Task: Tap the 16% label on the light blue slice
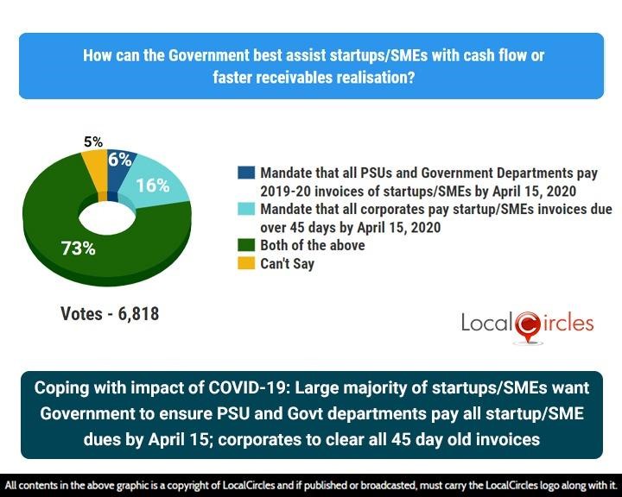tap(152, 185)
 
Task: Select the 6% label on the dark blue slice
tap(119, 160)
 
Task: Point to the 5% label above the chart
tap(93, 142)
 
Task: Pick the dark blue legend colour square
tap(246, 173)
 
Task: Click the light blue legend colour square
tap(246, 210)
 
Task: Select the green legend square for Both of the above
tap(246, 246)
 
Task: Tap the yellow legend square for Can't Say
tap(246, 264)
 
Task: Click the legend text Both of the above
tap(312, 246)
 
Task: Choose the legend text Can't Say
tap(287, 264)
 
